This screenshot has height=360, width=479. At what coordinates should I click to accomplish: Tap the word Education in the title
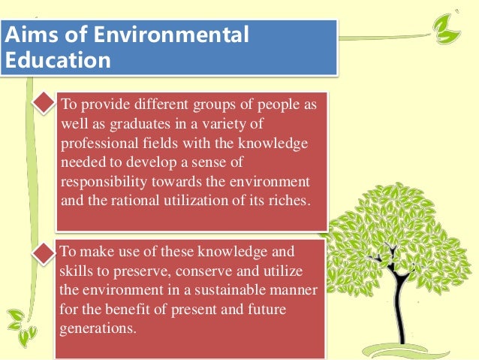[56, 59]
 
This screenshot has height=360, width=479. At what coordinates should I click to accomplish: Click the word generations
[98, 328]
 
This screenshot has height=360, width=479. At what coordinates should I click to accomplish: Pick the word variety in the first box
[236, 123]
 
